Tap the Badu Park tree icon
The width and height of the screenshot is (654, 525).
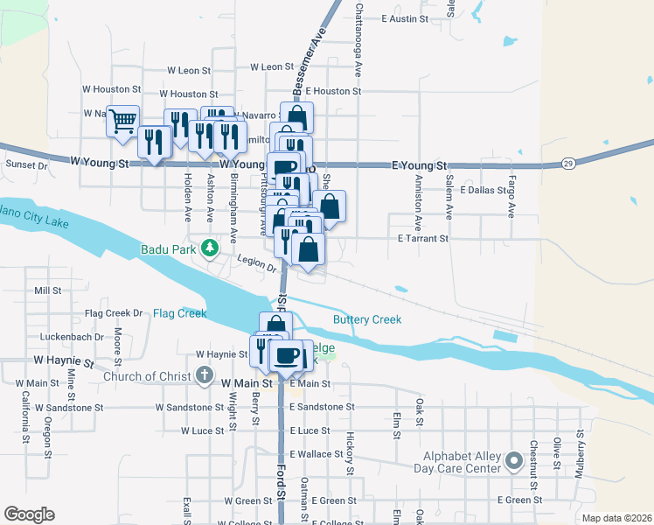[210, 249]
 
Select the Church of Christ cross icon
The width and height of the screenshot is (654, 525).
[204, 377]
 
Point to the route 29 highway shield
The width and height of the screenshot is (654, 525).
[568, 163]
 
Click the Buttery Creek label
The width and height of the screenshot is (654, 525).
[366, 319]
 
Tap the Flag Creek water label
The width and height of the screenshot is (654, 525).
[179, 312]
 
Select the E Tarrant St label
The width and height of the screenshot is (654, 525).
[423, 238]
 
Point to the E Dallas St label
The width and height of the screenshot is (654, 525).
[483, 190]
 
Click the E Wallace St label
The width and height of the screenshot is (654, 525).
[316, 454]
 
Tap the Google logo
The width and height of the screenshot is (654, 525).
[30, 514]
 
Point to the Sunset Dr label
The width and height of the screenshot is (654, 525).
[26, 164]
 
